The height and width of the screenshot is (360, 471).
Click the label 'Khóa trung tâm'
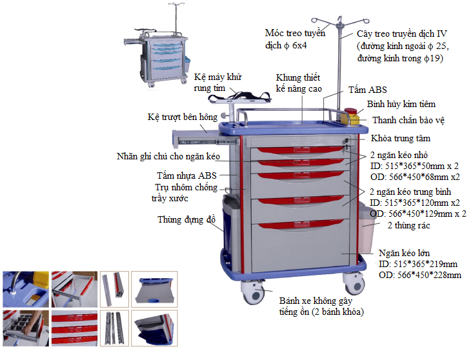coord(400,139)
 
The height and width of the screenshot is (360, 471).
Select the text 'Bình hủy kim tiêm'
coord(401,104)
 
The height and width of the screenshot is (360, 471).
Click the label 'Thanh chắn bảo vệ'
coord(408,120)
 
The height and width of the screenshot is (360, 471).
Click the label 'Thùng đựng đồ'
coord(186,220)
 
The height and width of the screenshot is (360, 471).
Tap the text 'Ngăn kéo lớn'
coord(404,253)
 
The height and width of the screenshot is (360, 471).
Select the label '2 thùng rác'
coord(409,226)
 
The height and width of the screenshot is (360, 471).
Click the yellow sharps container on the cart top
coord(352,117)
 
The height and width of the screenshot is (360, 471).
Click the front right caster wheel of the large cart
coord(354,284)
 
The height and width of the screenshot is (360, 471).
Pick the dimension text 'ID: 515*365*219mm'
coord(419,265)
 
